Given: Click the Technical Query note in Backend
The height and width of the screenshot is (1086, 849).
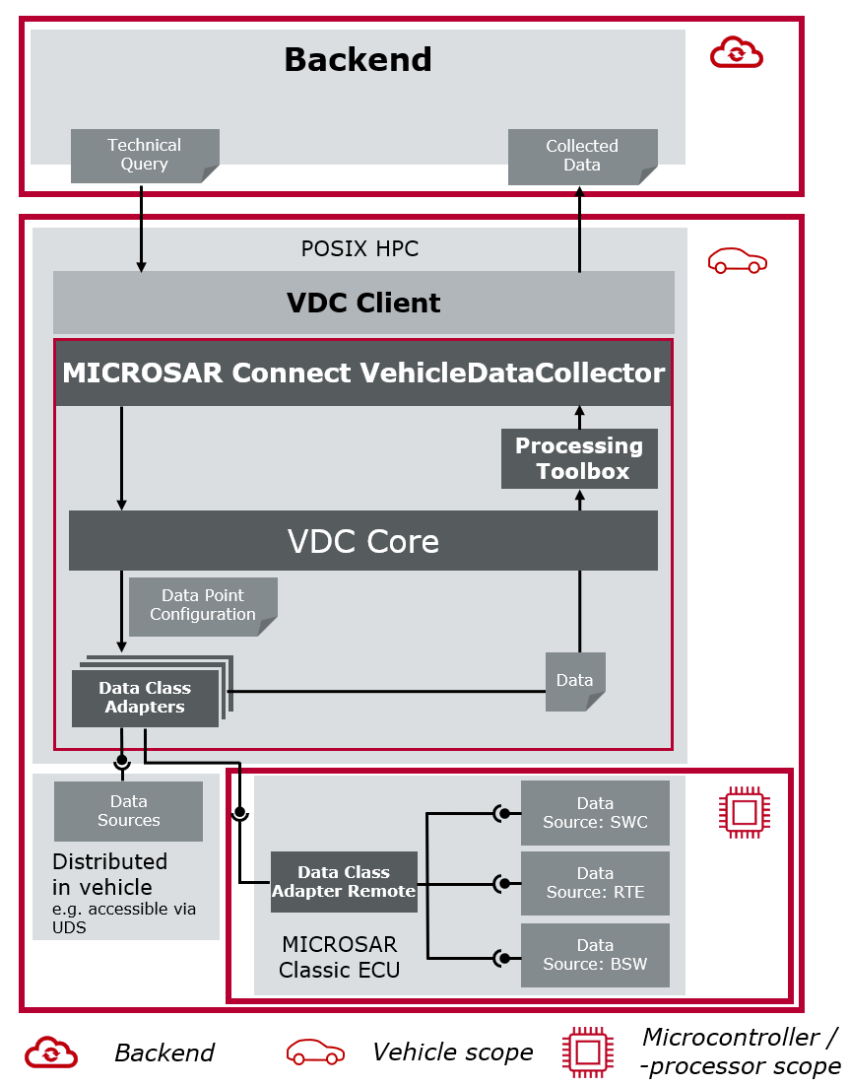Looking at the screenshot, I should (144, 156).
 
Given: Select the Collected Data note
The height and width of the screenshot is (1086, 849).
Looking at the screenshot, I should (581, 156).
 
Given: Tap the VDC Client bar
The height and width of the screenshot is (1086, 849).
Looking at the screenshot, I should (363, 303).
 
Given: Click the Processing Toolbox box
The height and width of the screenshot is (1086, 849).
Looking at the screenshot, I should (579, 458).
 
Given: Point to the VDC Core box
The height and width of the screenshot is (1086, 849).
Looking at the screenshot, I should (362, 540).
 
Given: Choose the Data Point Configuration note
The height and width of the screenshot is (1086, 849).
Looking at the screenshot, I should (202, 605).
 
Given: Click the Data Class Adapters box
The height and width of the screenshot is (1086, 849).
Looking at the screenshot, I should (145, 698).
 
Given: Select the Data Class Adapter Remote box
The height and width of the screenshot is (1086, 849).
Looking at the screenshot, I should (344, 882).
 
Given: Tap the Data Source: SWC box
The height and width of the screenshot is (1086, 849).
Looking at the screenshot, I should (595, 813).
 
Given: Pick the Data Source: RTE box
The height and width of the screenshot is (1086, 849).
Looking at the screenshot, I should (595, 883).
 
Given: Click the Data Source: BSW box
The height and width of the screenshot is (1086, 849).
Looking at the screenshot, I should (595, 955).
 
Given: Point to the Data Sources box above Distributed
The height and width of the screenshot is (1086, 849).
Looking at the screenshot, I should (128, 811).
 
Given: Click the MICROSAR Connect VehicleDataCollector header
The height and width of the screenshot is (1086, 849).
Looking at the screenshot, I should (363, 373).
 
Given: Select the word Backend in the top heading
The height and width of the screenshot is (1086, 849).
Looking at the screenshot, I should (358, 60).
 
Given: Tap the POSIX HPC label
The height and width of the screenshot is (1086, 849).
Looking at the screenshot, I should (359, 249).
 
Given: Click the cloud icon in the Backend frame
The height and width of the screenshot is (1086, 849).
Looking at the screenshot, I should (737, 52).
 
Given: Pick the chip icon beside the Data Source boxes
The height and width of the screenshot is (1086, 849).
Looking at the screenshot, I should (744, 811).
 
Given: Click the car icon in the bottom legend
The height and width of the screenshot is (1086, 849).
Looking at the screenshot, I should (315, 1052).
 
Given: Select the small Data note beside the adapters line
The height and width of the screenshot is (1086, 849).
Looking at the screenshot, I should (575, 681).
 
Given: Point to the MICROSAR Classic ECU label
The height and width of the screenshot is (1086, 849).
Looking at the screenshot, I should (339, 957).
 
